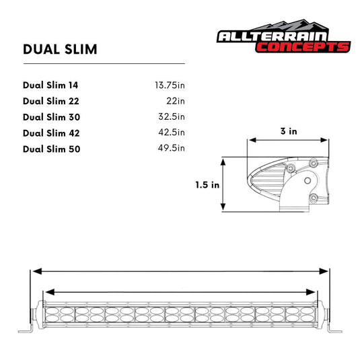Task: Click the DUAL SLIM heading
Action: [x=60, y=49]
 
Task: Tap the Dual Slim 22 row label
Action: [x=50, y=101]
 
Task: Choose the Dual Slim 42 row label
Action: [x=50, y=133]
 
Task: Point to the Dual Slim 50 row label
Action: [x=51, y=149]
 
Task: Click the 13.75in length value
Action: [x=169, y=85]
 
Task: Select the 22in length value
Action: [x=176, y=101]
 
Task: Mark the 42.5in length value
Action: [x=172, y=133]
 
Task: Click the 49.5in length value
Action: [x=172, y=149]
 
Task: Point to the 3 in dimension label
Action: [x=289, y=131]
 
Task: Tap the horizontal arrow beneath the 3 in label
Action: [x=289, y=141]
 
